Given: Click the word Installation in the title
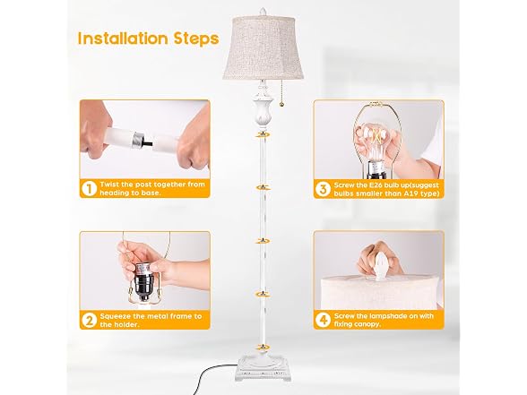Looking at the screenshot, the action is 124,39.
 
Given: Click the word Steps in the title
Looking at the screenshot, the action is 197,39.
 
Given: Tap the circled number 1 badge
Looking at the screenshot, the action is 89,188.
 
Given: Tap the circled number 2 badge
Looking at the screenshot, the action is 89,321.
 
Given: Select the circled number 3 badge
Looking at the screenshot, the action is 323,189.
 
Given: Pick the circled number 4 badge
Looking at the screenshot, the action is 323,320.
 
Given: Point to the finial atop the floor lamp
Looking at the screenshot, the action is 263,11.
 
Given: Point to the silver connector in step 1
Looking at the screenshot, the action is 138,140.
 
